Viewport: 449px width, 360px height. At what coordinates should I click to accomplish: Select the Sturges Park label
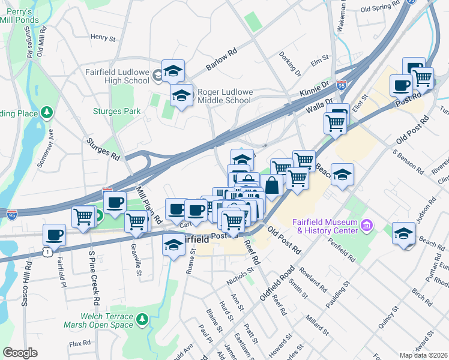(x=117, y=111)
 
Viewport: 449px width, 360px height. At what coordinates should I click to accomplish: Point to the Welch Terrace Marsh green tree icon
(x=142, y=320)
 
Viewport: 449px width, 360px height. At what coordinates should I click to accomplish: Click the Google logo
(x=20, y=352)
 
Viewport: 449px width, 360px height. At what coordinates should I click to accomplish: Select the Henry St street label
(x=103, y=37)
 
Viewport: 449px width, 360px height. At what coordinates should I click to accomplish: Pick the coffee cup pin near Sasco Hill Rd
(x=54, y=235)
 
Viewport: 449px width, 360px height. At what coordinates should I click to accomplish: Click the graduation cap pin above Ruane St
(x=173, y=245)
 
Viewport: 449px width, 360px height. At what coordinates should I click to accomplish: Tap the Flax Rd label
(x=79, y=344)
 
